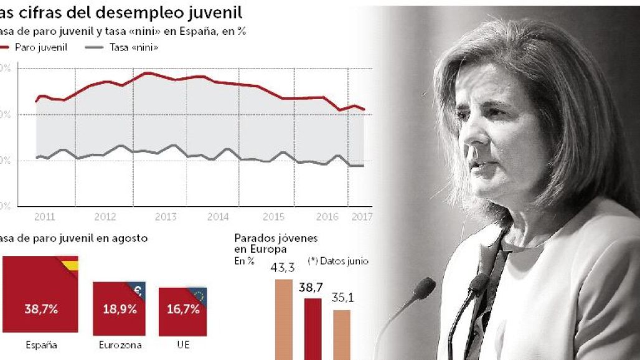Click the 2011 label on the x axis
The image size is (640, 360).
(x=44, y=217)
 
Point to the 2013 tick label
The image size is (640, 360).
(x=166, y=217)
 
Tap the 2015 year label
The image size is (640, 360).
(x=274, y=217)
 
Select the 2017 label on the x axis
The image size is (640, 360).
(x=362, y=217)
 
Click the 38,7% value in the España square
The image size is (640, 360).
(x=41, y=309)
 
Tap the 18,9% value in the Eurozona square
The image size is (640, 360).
(x=120, y=310)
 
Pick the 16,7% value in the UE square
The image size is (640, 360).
(x=183, y=310)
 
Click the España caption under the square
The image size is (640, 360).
(x=41, y=344)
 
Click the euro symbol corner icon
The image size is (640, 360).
(x=139, y=288)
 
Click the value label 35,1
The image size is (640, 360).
(x=342, y=298)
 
